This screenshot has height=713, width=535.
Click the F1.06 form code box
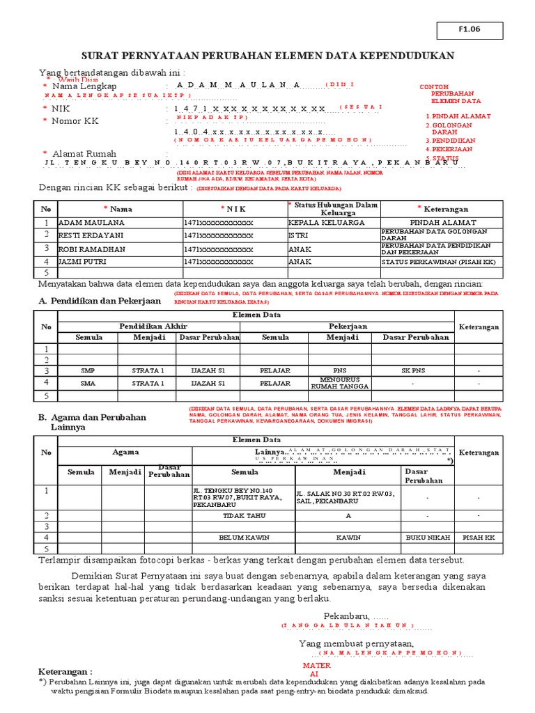click(470, 30)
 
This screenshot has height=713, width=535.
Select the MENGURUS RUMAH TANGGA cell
click(341, 382)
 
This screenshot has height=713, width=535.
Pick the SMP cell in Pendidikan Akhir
click(88, 370)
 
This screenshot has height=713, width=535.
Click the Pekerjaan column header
click(348, 326)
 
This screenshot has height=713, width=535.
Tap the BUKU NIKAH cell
click(426, 538)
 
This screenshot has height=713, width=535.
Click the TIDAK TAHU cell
click(244, 515)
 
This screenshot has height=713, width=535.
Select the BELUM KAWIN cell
click(244, 538)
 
